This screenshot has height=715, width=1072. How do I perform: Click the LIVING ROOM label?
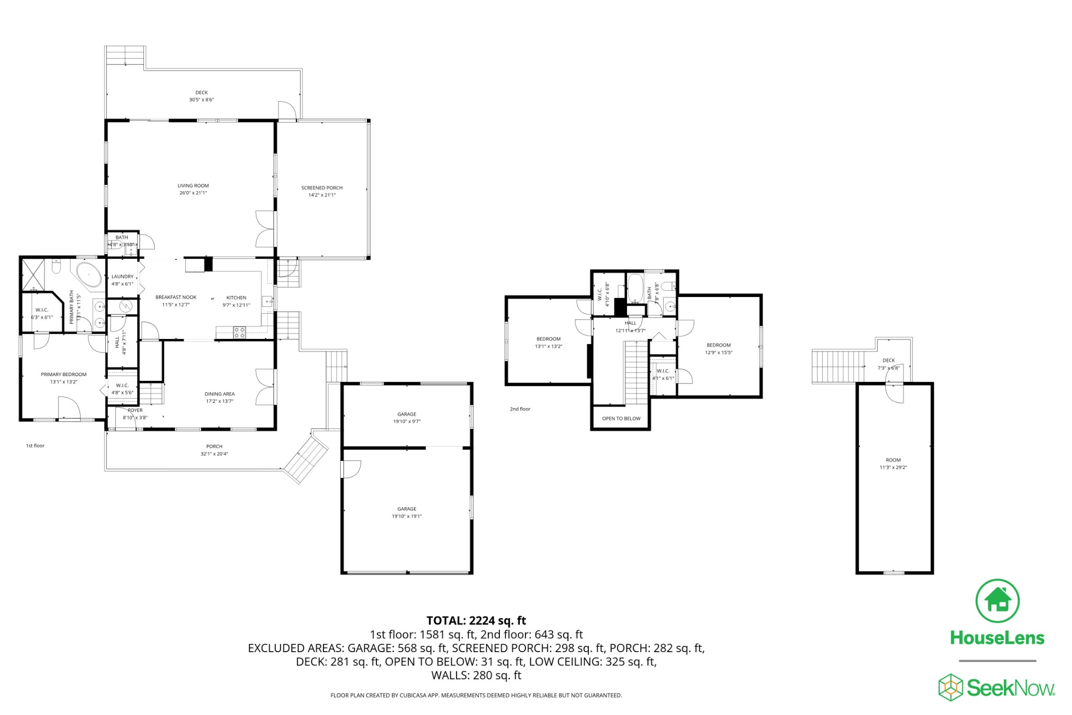(x=193, y=185)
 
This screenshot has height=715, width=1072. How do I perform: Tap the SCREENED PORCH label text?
(x=321, y=188)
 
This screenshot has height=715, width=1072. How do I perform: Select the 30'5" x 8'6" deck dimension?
(x=202, y=100)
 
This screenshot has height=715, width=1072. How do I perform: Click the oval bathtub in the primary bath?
(x=90, y=274)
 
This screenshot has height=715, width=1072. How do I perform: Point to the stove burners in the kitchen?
(x=239, y=331)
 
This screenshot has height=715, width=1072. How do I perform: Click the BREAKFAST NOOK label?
(x=176, y=297)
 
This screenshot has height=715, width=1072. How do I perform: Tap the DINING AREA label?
(x=219, y=394)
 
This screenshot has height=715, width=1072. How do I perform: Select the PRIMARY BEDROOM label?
(x=64, y=375)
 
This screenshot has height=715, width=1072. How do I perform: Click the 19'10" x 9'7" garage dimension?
(x=407, y=421)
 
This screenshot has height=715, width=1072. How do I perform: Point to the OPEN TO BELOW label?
(x=621, y=419)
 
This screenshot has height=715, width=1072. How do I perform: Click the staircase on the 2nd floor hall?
(x=636, y=372)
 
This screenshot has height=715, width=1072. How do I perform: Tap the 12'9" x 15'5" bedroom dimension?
(x=718, y=353)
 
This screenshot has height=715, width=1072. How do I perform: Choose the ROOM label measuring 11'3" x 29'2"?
(x=893, y=460)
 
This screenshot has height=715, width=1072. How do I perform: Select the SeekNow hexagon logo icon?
(x=951, y=687)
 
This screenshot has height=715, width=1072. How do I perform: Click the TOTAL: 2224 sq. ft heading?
(x=476, y=621)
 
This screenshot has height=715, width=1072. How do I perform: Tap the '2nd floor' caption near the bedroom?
(x=520, y=409)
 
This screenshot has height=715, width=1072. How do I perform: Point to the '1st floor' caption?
(x=35, y=446)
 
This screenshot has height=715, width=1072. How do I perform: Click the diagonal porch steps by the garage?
(x=307, y=459)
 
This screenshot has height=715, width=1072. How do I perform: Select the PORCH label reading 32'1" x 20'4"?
(x=214, y=446)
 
